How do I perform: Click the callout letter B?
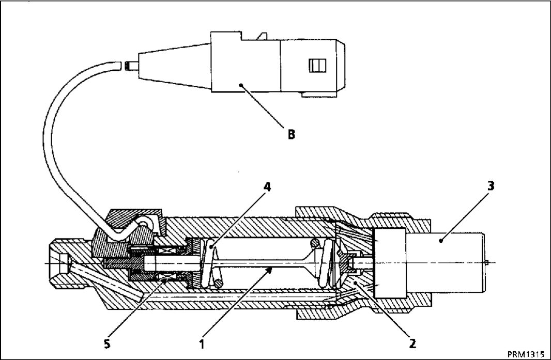(292, 134)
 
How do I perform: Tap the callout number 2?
(412, 343)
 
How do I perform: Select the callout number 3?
(491, 186)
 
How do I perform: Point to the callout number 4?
(267, 187)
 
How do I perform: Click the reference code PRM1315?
(526, 353)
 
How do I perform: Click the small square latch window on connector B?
(317, 65)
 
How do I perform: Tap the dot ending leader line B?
(241, 85)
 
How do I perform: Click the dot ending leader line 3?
(441, 241)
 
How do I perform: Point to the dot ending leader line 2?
(356, 282)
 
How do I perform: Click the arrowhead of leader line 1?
(270, 269)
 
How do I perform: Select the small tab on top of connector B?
(262, 36)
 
